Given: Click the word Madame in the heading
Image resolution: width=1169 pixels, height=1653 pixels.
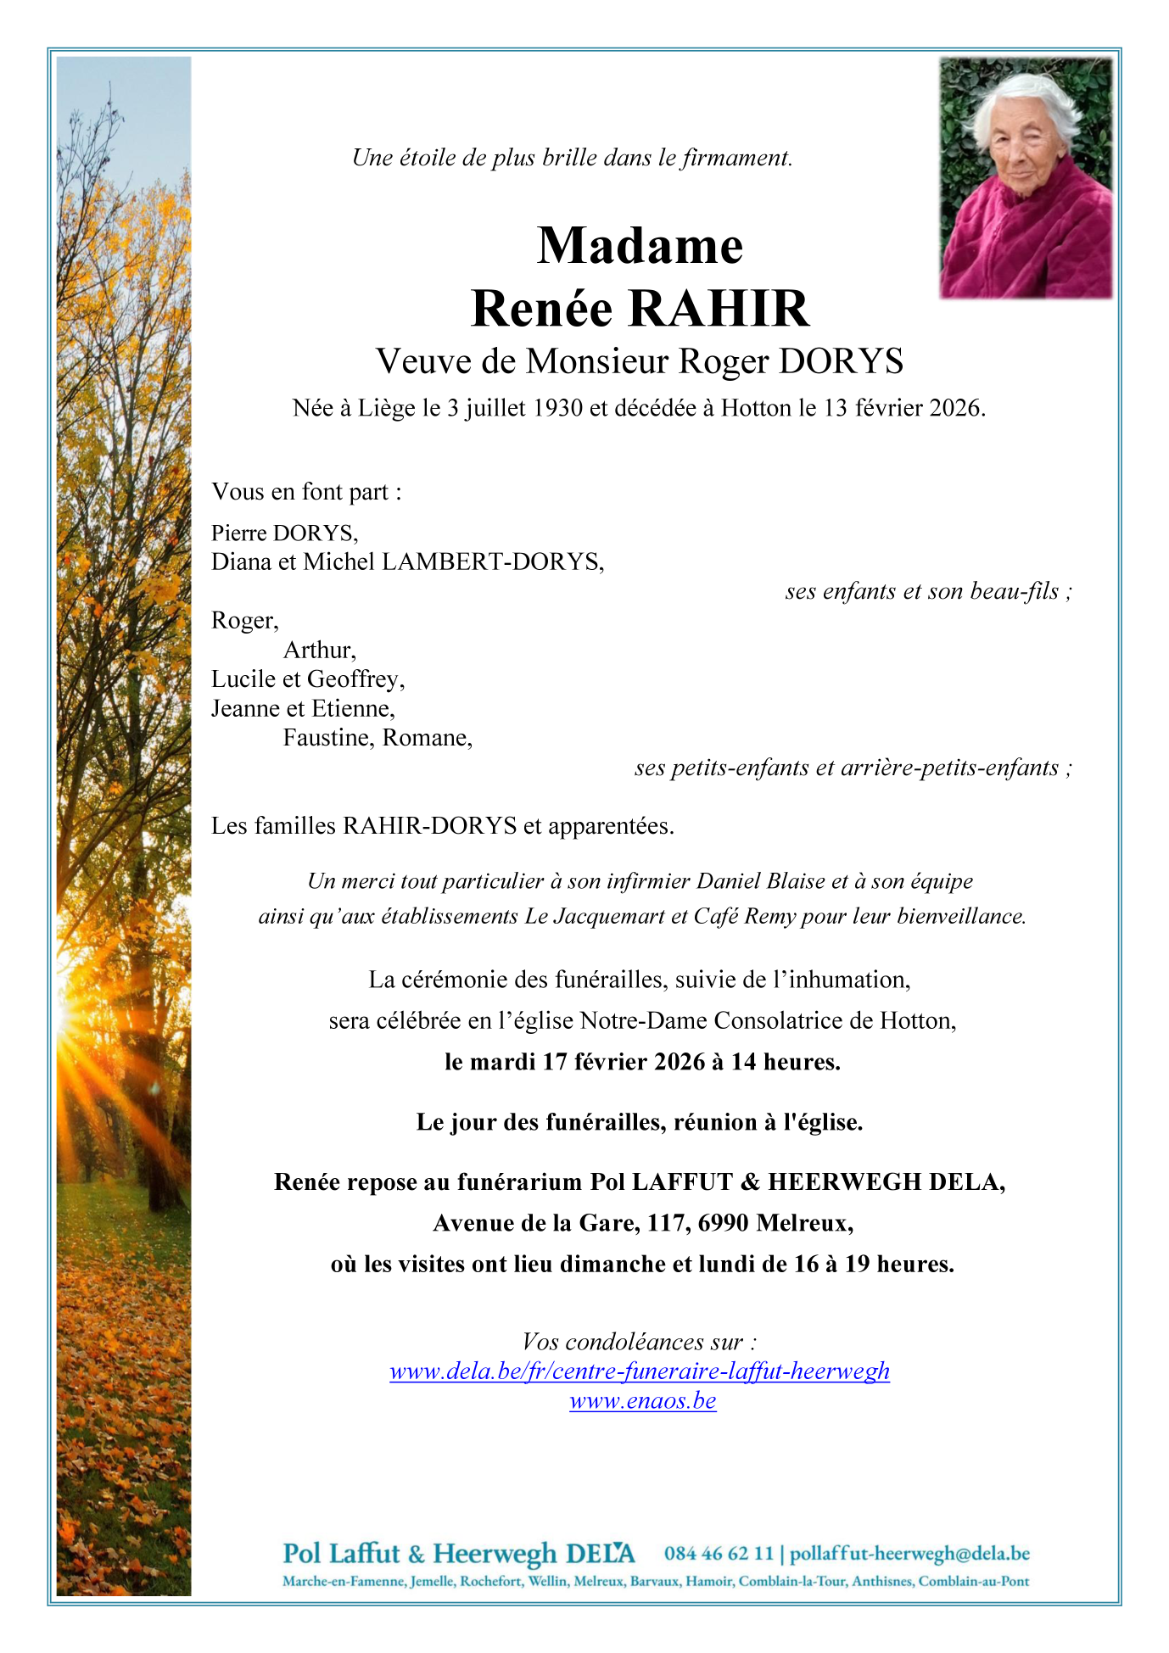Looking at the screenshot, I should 640,246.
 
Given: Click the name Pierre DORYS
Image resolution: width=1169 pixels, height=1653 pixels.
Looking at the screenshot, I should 284,533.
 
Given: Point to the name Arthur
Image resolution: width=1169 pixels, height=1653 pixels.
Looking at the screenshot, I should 319,651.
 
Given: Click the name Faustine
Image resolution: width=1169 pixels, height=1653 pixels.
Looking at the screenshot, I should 328,738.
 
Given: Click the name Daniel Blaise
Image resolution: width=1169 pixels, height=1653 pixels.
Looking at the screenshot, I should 760,881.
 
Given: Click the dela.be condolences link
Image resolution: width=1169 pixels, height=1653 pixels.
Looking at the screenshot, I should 640,1371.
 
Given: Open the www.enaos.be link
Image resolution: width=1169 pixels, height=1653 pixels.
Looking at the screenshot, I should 642,1401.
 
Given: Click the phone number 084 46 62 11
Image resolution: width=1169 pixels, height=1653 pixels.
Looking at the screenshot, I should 719,1554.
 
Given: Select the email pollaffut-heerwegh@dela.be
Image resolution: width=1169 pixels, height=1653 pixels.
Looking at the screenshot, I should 909,1554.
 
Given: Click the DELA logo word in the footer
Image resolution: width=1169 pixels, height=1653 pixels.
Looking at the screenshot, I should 599,1554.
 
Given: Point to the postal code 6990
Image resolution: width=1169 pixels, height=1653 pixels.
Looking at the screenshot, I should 723,1224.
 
